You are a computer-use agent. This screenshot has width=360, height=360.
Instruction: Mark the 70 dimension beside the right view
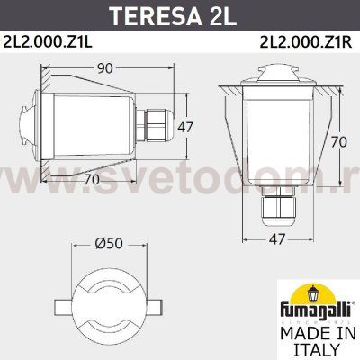[337, 141]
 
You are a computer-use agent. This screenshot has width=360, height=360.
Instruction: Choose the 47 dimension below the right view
[279, 239]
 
